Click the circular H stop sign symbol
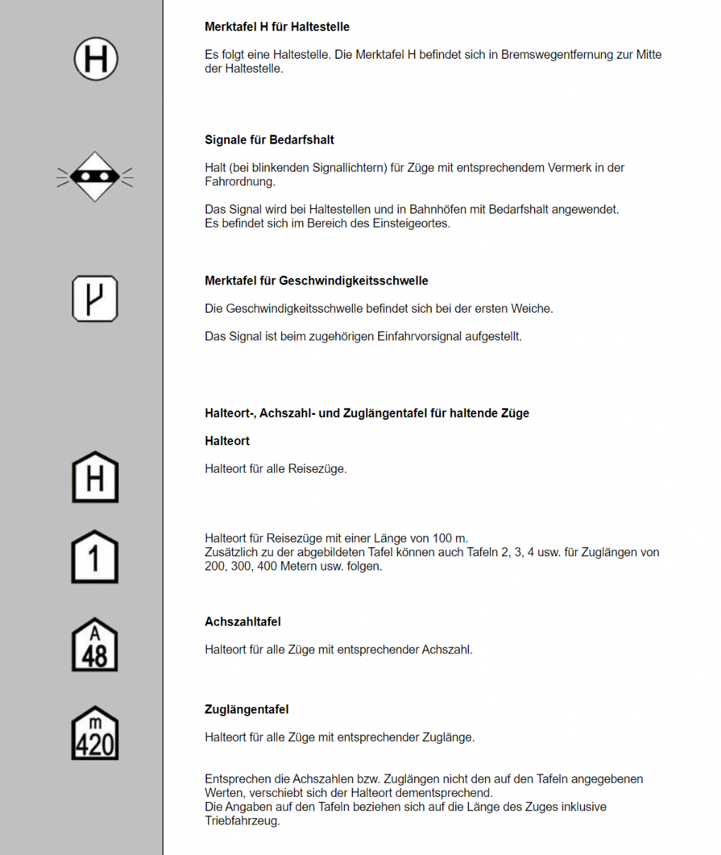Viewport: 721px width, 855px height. tap(96, 59)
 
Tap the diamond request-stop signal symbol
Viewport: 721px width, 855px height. tap(95, 176)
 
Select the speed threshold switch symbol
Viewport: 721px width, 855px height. tap(95, 299)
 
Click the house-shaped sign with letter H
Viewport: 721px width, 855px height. tap(95, 478)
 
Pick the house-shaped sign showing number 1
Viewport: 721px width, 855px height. tap(95, 557)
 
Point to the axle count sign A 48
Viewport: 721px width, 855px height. tap(95, 645)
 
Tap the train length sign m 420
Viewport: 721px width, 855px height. tap(95, 733)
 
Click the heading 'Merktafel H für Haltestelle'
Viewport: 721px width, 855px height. tap(277, 27)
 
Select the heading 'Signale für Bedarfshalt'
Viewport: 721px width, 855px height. tap(269, 140)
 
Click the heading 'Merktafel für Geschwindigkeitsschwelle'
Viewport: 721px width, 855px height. tap(316, 281)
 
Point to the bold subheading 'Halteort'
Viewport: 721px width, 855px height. tap(227, 441)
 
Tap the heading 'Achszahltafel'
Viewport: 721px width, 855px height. tap(242, 622)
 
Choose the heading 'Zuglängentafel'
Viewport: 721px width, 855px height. tap(246, 710)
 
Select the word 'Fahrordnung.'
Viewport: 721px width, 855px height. tap(240, 182)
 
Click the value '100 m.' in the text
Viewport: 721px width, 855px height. tap(451, 539)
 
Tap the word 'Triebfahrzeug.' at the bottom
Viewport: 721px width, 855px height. tap(242, 821)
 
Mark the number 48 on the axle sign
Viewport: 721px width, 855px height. tap(95, 656)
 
